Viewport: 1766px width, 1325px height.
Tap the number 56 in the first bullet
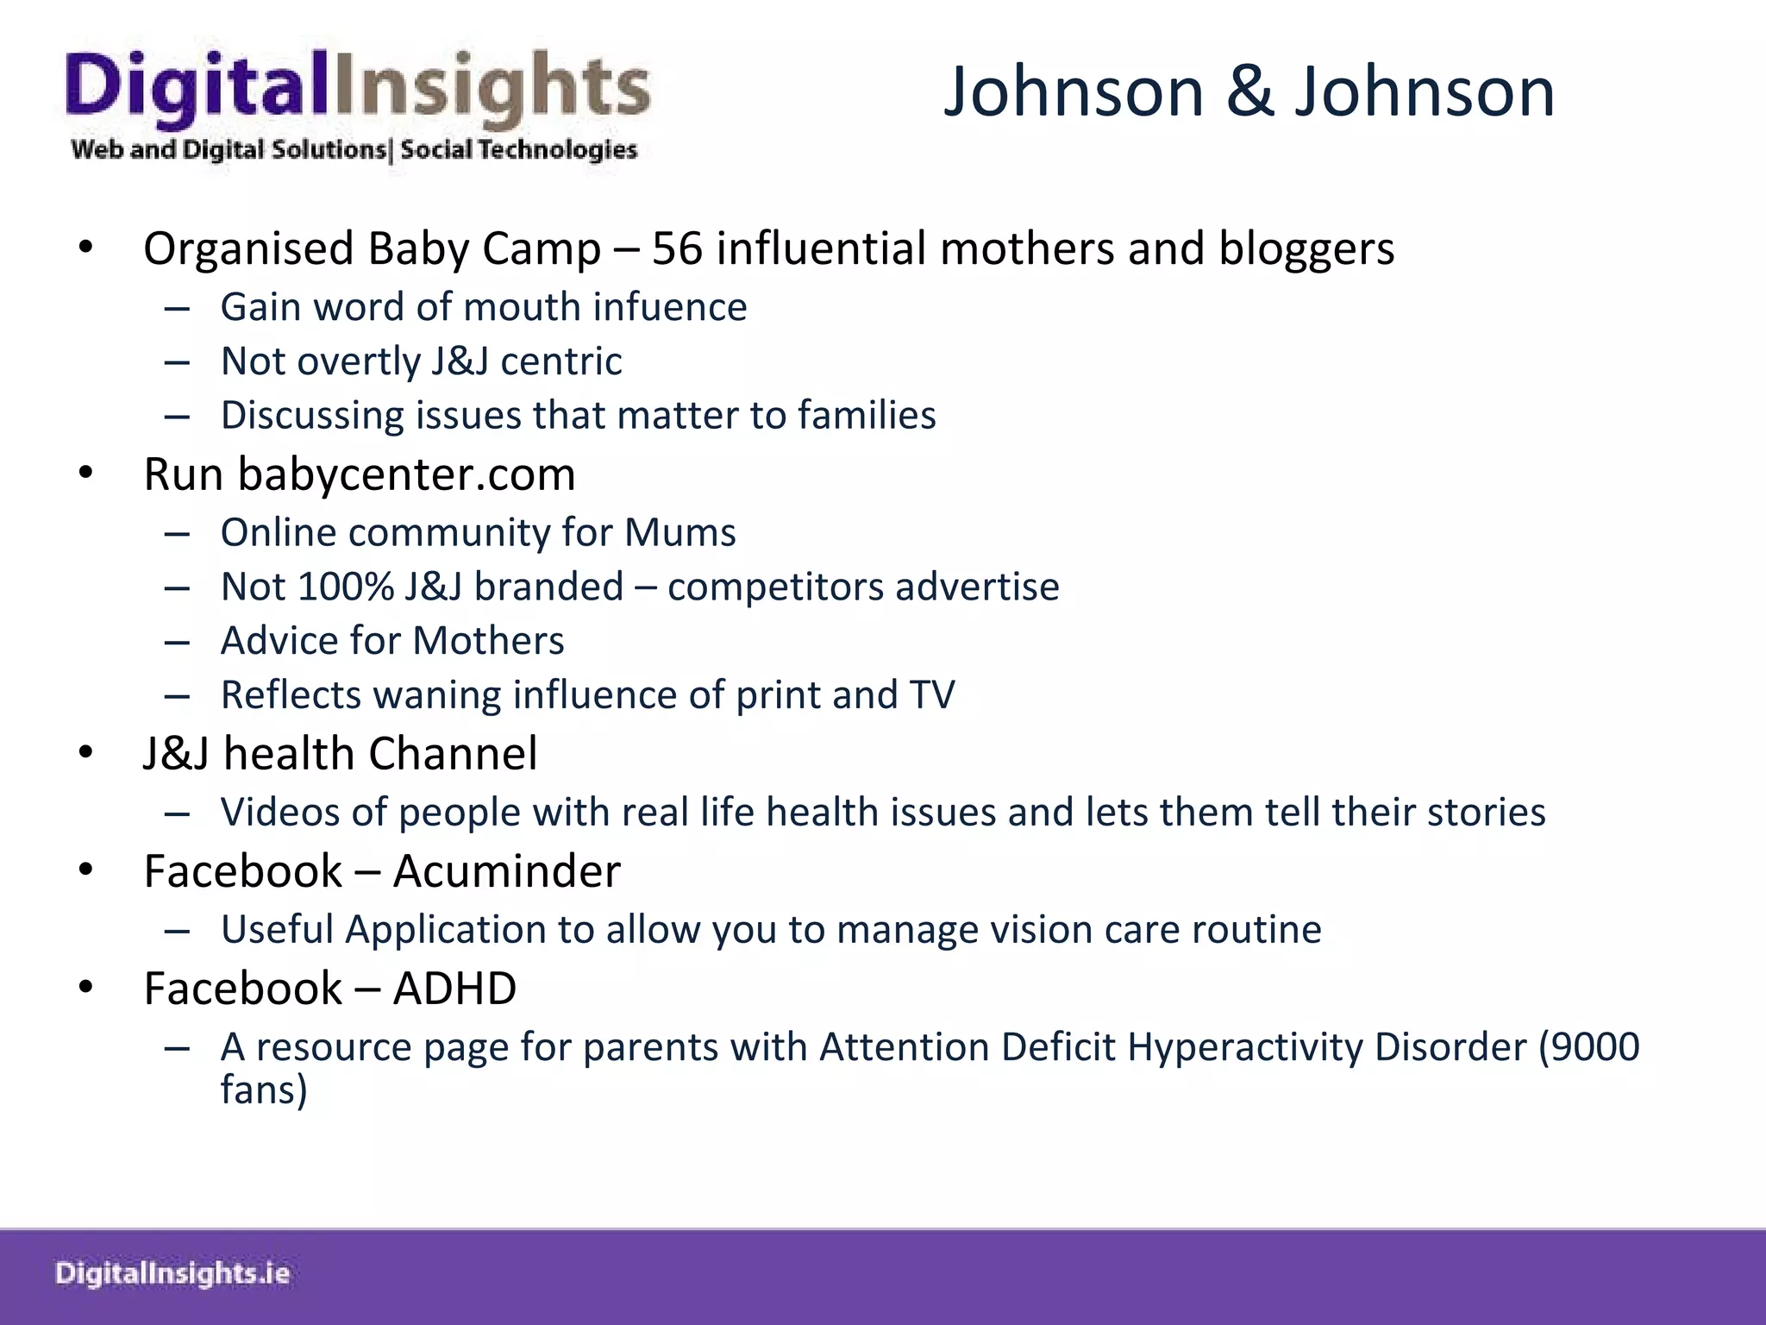[677, 248]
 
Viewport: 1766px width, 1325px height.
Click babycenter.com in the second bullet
[406, 474]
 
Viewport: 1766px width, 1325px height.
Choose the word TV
[932, 695]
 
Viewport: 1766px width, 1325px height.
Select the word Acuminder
[507, 871]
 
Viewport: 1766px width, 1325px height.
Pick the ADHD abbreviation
[454, 989]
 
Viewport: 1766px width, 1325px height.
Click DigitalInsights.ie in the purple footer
[172, 1274]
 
